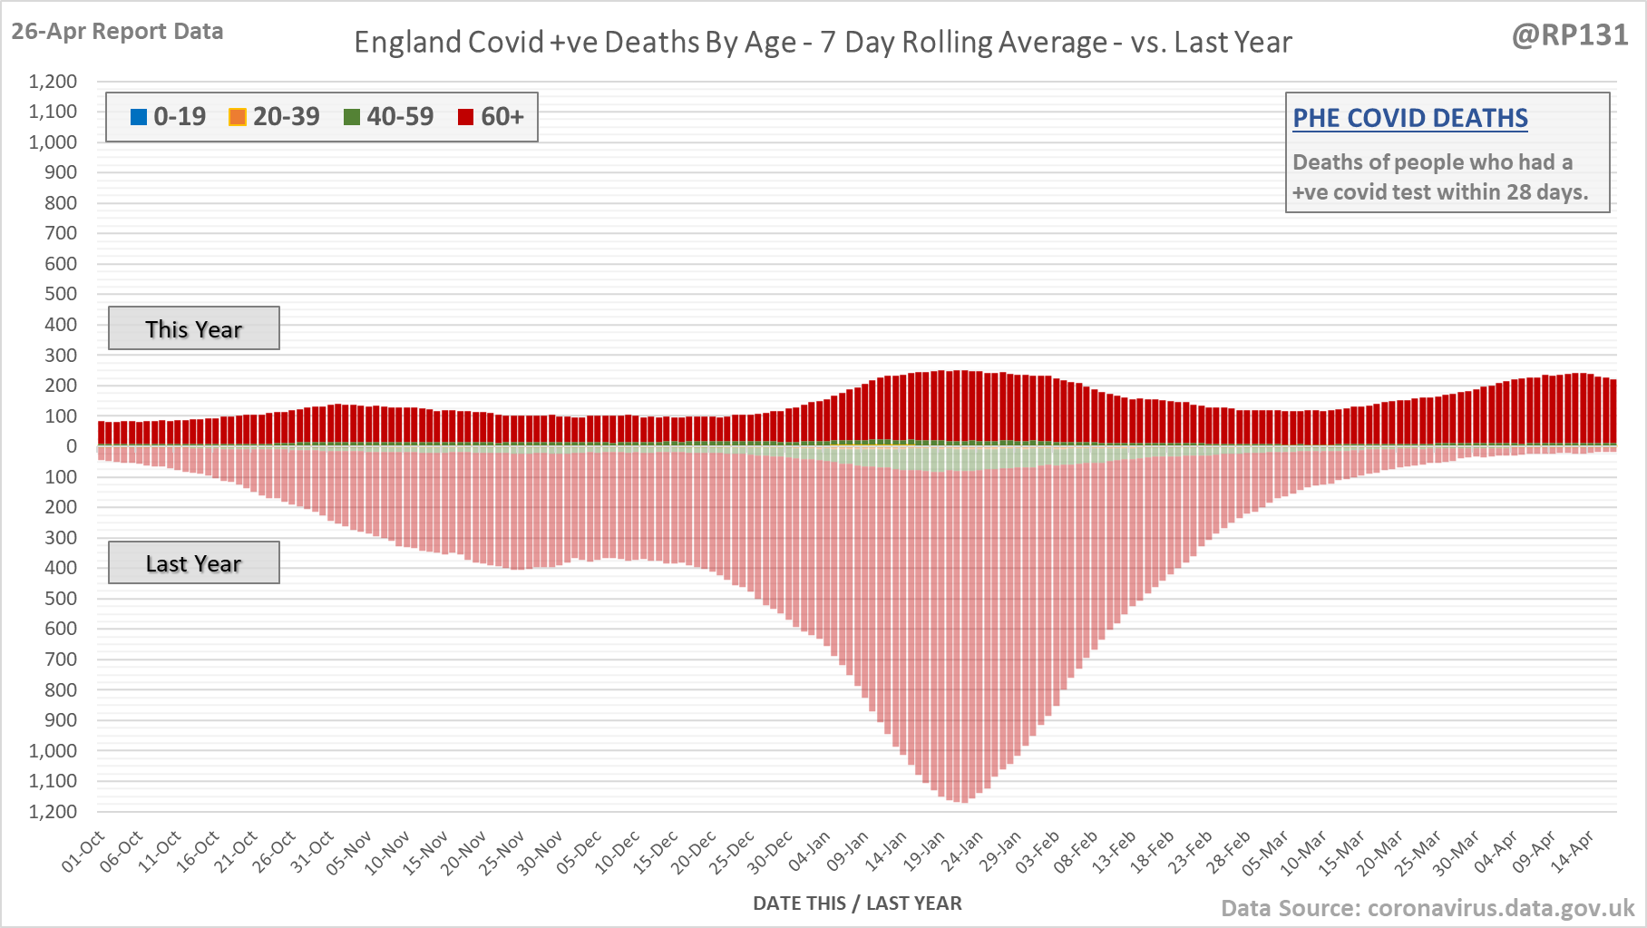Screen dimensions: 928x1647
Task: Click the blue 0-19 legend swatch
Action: point(139,117)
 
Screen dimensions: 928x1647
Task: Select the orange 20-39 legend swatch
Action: point(238,117)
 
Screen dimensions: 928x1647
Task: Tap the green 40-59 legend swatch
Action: point(352,117)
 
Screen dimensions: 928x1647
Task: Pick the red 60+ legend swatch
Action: point(466,117)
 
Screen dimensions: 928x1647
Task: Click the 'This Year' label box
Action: point(194,328)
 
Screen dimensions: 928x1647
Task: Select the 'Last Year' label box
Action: point(194,563)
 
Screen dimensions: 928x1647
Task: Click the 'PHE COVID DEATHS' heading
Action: point(1409,118)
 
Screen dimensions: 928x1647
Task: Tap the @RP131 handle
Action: point(1570,34)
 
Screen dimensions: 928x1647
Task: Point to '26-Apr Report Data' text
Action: point(117,31)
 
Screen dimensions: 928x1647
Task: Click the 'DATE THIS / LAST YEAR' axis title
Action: point(857,903)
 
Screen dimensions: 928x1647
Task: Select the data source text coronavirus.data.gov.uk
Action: point(1428,908)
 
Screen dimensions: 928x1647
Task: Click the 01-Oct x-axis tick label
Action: point(83,852)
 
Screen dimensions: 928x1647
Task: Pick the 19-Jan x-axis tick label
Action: point(925,852)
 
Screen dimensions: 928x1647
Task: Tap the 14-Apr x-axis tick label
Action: point(1573,852)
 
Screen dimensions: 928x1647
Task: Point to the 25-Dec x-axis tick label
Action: point(733,852)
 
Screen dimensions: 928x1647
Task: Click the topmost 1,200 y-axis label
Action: point(54,82)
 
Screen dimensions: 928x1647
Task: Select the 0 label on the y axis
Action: point(71,446)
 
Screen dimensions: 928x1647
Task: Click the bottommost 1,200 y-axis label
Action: point(54,811)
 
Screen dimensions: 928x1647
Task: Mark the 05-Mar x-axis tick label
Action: point(1266,852)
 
